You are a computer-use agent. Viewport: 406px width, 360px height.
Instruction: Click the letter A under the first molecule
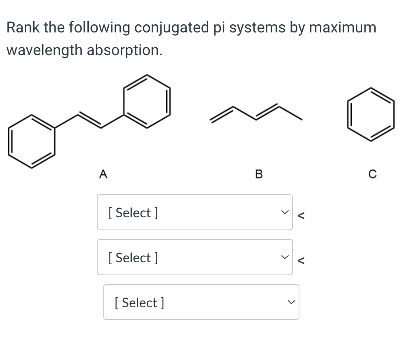pos(103,174)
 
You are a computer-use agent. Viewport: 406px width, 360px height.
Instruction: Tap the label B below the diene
pos(259,174)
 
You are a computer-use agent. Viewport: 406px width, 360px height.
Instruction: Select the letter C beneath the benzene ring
pos(373,174)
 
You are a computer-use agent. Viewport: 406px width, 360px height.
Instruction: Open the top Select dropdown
pos(194,212)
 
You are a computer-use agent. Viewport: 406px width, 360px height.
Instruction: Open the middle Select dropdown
pos(194,257)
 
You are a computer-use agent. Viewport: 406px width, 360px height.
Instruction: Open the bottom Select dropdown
pos(201,302)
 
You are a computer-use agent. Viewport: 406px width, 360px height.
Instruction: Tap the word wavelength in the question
pos(44,50)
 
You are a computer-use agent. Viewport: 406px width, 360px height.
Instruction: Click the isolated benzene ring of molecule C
pos(371,114)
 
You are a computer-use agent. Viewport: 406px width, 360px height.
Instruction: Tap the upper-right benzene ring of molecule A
pos(147,101)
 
